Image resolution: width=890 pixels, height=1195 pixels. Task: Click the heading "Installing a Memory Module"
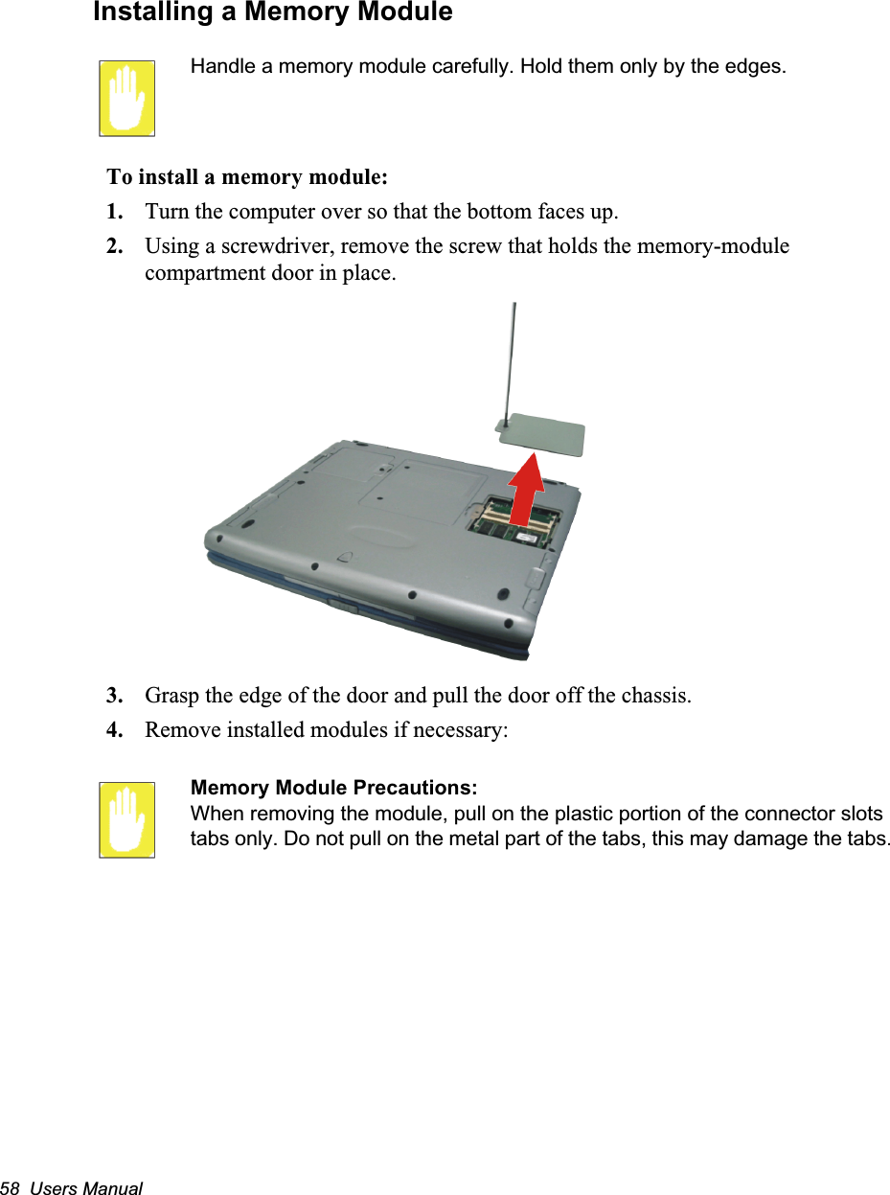273,13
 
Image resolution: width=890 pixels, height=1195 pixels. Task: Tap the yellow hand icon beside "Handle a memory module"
126,98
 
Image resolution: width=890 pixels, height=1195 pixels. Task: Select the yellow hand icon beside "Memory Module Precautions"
126,819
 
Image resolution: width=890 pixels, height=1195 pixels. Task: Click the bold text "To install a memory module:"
247,177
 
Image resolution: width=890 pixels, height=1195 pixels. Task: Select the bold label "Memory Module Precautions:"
334,788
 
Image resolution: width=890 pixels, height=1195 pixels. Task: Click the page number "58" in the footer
11,1188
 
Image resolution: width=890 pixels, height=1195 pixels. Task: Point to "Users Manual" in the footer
86,1188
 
